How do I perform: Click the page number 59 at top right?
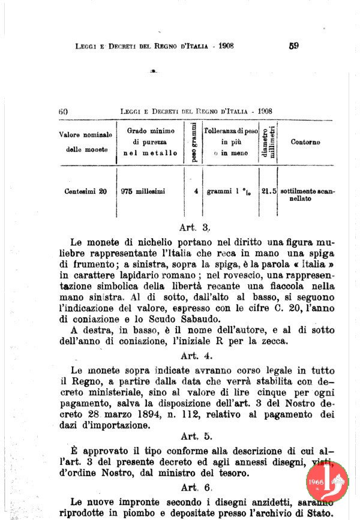pyautogui.click(x=293, y=46)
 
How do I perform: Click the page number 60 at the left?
pyautogui.click(x=64, y=111)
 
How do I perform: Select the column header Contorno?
pyautogui.click(x=305, y=143)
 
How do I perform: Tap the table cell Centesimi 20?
pyautogui.click(x=86, y=192)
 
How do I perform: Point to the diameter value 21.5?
pyautogui.click(x=269, y=192)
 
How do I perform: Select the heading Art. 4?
pyautogui.click(x=196, y=356)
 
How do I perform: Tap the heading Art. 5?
pyautogui.click(x=196, y=436)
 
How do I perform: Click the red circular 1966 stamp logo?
pyautogui.click(x=327, y=482)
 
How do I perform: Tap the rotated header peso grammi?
pyautogui.click(x=194, y=142)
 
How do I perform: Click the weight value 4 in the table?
pyautogui.click(x=196, y=192)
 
